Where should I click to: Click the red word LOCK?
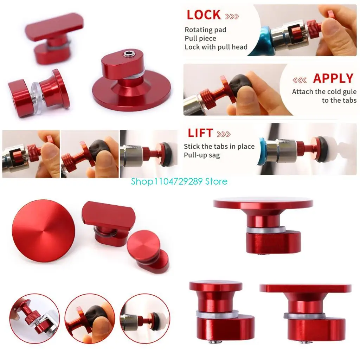pyautogui.click(x=204, y=15)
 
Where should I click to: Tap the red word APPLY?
pyautogui.click(x=333, y=78)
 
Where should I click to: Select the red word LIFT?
pyautogui.click(x=200, y=133)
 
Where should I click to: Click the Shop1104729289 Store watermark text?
pyautogui.click(x=179, y=181)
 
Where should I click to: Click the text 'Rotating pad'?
pyautogui.click(x=206, y=30)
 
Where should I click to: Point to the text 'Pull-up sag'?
pyautogui.click(x=202, y=155)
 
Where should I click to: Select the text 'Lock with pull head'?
pyautogui.click(x=216, y=47)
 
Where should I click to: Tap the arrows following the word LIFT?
pyautogui.click(x=224, y=134)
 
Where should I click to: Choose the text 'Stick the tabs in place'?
pyautogui.click(x=219, y=146)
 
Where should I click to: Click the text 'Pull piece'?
pyautogui.click(x=200, y=38)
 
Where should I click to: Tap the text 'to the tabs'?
pyautogui.click(x=339, y=100)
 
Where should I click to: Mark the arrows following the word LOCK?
pyautogui.click(x=232, y=16)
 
